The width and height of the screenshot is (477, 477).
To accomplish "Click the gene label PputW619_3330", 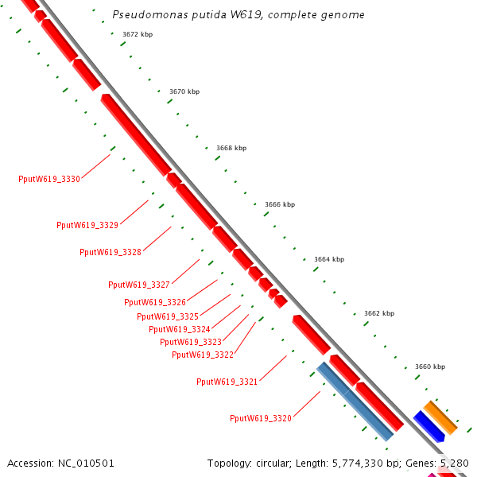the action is (49, 179).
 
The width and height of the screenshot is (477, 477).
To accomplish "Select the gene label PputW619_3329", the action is (87, 225).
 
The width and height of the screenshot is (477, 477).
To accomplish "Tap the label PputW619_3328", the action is (111, 252).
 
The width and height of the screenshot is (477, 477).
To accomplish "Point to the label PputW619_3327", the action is (139, 285).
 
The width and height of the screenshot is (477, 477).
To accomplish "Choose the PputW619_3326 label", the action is (155, 302).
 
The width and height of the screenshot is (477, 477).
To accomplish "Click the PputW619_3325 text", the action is (168, 316).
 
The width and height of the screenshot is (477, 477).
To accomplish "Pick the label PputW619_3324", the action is (180, 329).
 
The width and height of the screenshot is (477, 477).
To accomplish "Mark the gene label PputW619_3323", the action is (191, 342).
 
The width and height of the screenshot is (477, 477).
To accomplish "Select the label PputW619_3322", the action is (203, 355).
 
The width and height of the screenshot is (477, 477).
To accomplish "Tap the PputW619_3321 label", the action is (227, 382).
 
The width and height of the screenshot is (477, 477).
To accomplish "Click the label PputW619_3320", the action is (261, 419).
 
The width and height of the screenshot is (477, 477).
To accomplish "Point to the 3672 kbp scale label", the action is (138, 34).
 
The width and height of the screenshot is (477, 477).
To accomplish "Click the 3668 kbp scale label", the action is (231, 148).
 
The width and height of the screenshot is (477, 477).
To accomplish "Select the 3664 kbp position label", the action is (329, 259).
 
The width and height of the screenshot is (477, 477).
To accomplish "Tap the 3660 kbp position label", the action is (430, 366).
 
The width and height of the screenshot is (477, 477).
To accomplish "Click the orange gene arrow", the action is (440, 417).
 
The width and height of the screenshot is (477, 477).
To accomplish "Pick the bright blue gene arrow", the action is (429, 426).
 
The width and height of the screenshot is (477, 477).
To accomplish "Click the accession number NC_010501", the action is (86, 463).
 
